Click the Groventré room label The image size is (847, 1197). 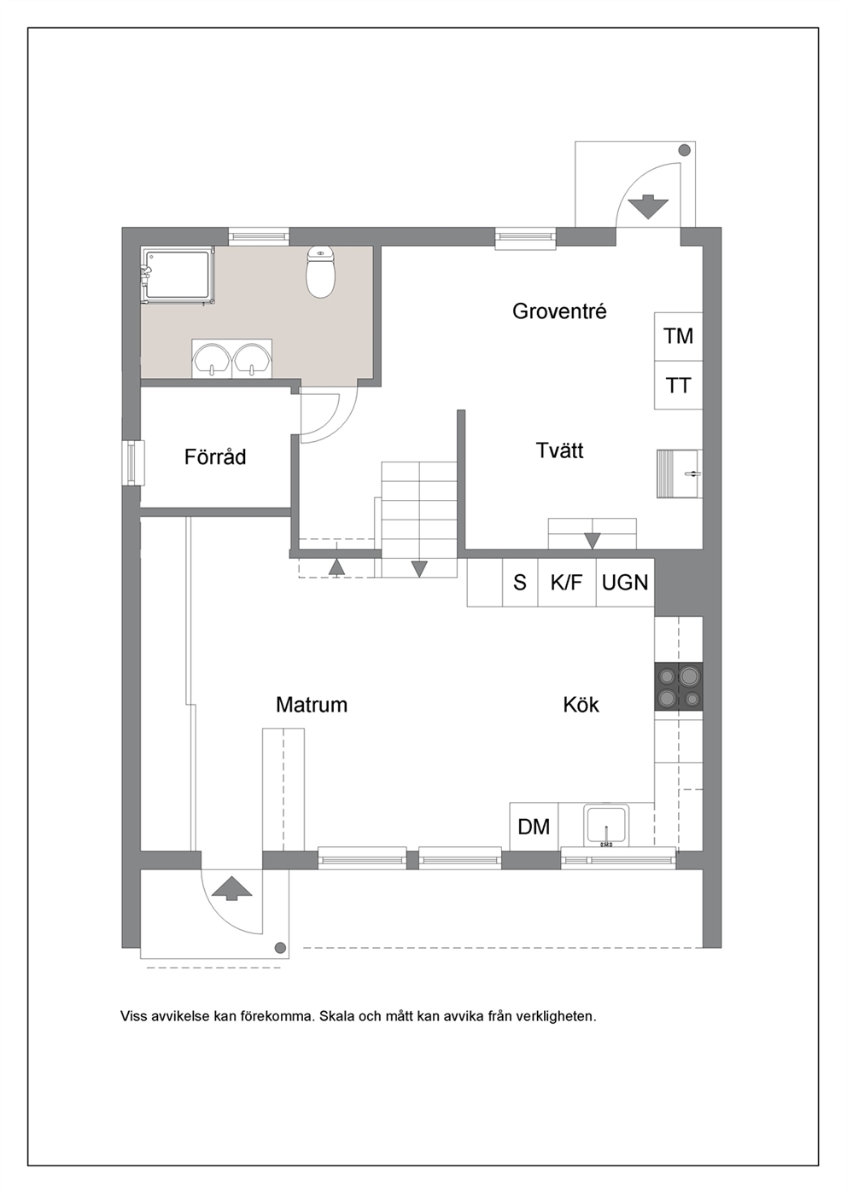(559, 311)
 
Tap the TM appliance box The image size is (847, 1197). (678, 337)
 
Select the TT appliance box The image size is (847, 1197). (678, 386)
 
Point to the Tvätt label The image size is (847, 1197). (559, 450)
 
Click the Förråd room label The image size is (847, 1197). (215, 457)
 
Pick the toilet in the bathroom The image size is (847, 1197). (320, 272)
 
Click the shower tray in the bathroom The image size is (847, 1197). (178, 276)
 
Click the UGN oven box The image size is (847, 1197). (625, 583)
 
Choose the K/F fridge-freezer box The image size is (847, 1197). (567, 583)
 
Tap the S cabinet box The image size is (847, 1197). (520, 583)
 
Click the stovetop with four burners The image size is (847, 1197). (679, 687)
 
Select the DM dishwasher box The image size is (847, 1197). (534, 827)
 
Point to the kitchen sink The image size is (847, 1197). (606, 826)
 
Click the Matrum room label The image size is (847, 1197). (312, 705)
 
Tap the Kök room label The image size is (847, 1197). (581, 705)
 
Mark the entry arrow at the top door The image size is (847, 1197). (648, 206)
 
